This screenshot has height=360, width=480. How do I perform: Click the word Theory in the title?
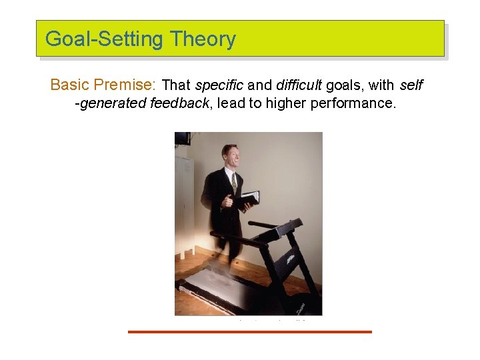203,39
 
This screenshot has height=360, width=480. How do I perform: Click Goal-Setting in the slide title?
104,39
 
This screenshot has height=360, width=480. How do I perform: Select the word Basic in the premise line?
70,85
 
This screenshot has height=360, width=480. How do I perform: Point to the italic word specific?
219,85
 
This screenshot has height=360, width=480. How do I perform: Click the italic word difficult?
299,85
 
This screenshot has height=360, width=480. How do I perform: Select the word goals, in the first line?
344,85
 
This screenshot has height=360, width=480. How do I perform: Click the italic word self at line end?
411,85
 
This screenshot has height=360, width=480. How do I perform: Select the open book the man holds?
248,198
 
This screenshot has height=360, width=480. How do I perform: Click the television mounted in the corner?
182,138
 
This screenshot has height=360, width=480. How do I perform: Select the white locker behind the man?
183,200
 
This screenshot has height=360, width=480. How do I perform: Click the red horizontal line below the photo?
249,331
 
